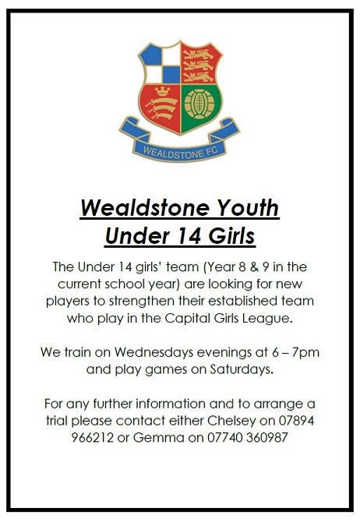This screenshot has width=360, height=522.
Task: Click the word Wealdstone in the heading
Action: click(x=144, y=208)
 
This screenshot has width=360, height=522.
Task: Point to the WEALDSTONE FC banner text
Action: click(x=180, y=153)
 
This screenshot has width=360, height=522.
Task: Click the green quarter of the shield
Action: click(x=200, y=107)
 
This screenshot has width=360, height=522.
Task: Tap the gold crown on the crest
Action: click(x=163, y=91)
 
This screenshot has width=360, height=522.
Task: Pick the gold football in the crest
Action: click(x=199, y=104)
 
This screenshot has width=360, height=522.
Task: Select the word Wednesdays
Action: click(x=154, y=352)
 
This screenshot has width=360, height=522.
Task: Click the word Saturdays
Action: click(x=242, y=369)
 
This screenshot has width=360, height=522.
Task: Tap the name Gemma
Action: click(x=158, y=437)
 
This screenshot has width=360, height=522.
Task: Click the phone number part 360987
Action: click(x=267, y=437)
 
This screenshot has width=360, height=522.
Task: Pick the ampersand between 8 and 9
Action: click(x=255, y=267)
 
